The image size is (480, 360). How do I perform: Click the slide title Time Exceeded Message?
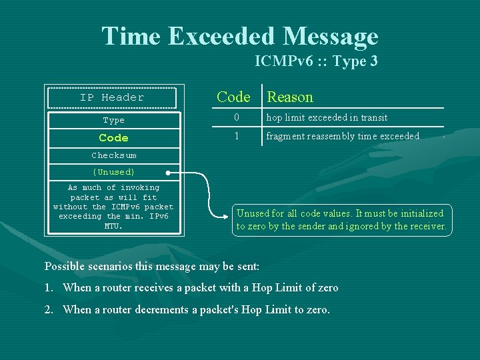[239, 35]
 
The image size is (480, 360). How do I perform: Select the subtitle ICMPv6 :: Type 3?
[316, 61]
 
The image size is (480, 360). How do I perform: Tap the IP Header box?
[112, 97]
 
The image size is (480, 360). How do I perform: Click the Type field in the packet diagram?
[113, 121]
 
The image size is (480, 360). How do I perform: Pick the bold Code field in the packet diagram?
[113, 138]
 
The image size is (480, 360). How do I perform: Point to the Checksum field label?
[113, 155]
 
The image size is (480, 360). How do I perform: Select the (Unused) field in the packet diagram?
[113, 172]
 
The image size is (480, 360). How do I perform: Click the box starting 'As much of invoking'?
[113, 207]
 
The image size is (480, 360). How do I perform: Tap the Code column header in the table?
[233, 97]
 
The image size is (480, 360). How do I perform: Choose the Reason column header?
[290, 97]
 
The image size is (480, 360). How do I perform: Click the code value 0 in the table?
[235, 118]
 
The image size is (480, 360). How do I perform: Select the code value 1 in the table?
[235, 136]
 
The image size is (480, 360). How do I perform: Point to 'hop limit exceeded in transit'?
[327, 118]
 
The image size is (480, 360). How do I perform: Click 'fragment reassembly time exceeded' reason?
[343, 136]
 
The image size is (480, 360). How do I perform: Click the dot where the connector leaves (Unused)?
[169, 172]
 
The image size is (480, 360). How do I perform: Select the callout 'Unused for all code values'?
[341, 220]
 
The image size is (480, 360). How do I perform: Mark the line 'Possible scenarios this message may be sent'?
[152, 267]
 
